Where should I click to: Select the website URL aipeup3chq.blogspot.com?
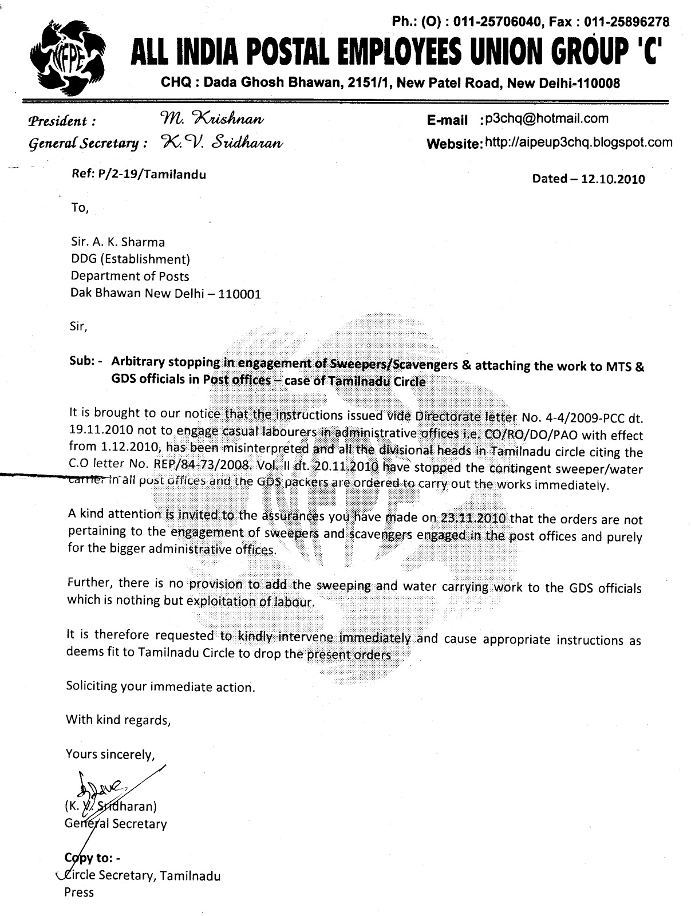click(578, 142)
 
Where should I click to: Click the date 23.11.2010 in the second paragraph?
click(473, 519)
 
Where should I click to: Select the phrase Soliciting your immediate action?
click(161, 686)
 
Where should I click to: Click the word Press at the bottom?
click(78, 892)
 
